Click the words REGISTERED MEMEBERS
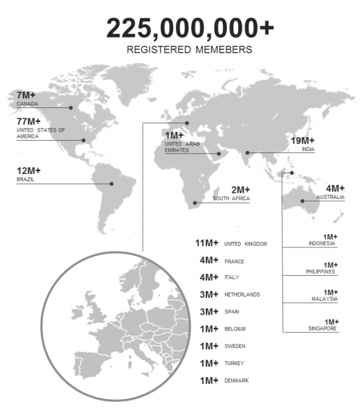click(x=190, y=50)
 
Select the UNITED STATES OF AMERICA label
click(x=41, y=133)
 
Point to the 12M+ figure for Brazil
click(x=29, y=170)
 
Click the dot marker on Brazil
click(x=112, y=184)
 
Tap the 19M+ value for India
click(x=303, y=140)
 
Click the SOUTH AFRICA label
click(x=231, y=199)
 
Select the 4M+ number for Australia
click(x=335, y=188)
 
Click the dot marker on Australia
click(x=303, y=202)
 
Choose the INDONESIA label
click(x=323, y=243)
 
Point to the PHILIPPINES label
click(x=321, y=272)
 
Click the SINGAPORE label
click(x=322, y=328)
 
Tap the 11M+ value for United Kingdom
click(x=207, y=243)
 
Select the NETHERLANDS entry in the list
click(x=242, y=295)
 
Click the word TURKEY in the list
click(x=234, y=363)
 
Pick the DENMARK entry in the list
click(x=236, y=380)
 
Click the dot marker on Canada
click(x=71, y=107)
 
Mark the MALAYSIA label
click(x=323, y=299)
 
